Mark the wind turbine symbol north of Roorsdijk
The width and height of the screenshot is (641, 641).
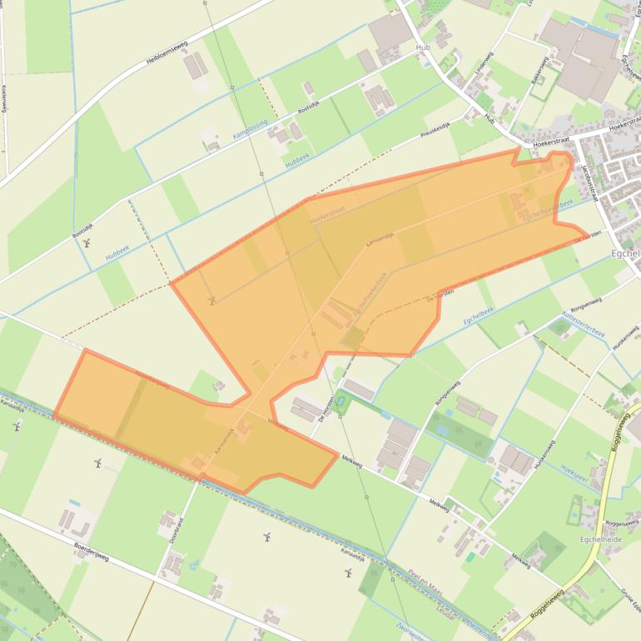[87, 244]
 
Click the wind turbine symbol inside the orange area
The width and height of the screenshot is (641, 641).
[211, 300]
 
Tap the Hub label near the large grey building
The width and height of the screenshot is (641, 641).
[423, 47]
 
